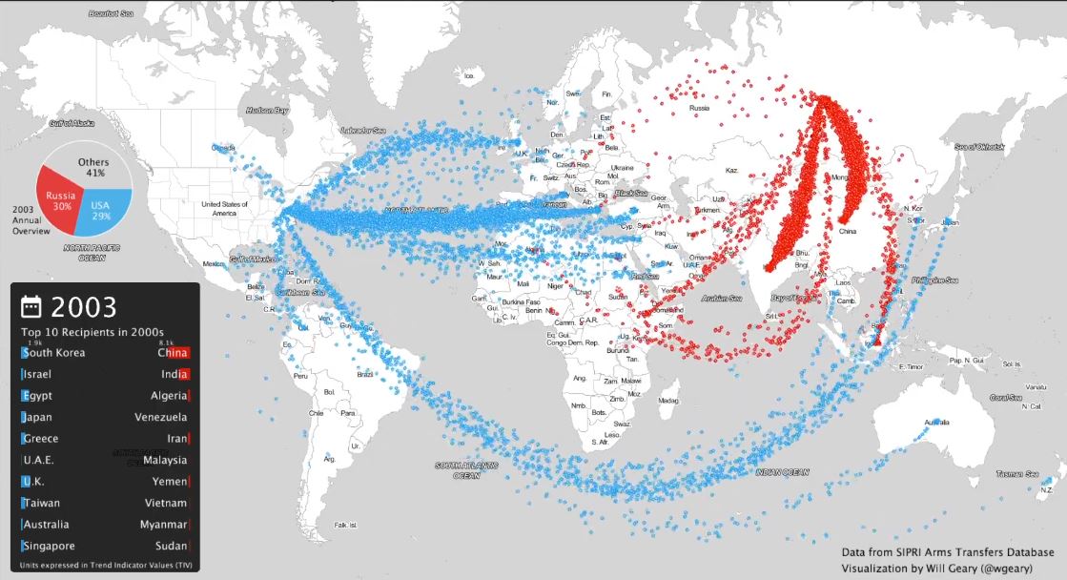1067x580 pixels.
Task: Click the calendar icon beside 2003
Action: click(31, 306)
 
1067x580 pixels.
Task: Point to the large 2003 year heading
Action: click(84, 306)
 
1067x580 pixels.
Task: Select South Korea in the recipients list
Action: click(55, 353)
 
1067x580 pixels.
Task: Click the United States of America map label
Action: click(224, 209)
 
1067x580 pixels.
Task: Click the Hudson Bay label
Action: click(267, 111)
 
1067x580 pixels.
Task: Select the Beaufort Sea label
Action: click(110, 14)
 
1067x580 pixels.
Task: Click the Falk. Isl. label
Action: click(345, 525)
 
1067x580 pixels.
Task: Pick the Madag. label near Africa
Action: click(668, 401)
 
